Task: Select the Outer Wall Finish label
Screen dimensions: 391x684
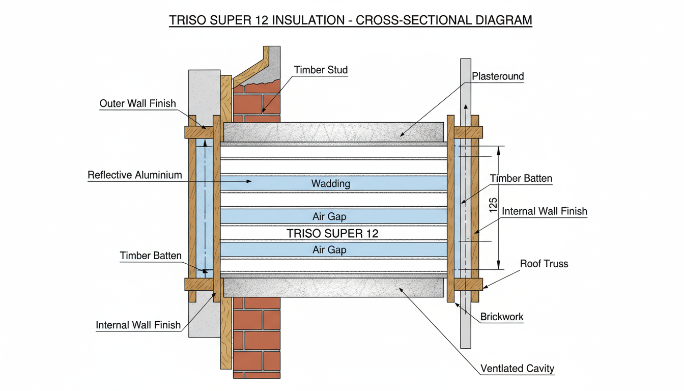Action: pyautogui.click(x=137, y=104)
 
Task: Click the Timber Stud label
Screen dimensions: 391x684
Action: pyautogui.click(x=321, y=70)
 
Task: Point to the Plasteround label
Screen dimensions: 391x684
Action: pyautogui.click(x=498, y=77)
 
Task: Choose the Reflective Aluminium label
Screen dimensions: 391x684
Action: pyautogui.click(x=134, y=175)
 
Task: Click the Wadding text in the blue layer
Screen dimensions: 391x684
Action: pyautogui.click(x=331, y=183)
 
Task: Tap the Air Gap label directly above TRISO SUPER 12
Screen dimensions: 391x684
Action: pyautogui.click(x=329, y=216)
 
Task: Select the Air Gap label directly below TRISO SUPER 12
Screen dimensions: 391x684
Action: pyautogui.click(x=329, y=249)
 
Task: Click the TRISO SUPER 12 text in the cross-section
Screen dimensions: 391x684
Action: pyautogui.click(x=332, y=234)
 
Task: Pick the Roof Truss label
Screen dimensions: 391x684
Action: pyautogui.click(x=544, y=264)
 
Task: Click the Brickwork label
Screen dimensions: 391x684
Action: pyautogui.click(x=502, y=317)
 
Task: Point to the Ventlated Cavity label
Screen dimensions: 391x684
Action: pyautogui.click(x=517, y=368)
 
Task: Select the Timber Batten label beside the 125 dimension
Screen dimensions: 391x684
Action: pyautogui.click(x=521, y=179)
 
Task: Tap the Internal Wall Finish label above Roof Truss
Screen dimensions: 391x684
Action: pyautogui.click(x=544, y=211)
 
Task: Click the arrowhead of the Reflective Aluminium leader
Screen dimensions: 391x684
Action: pyautogui.click(x=249, y=181)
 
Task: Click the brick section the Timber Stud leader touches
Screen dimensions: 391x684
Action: pyautogui.click(x=257, y=102)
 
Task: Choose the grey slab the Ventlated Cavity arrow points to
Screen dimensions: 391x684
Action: pyautogui.click(x=333, y=288)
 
